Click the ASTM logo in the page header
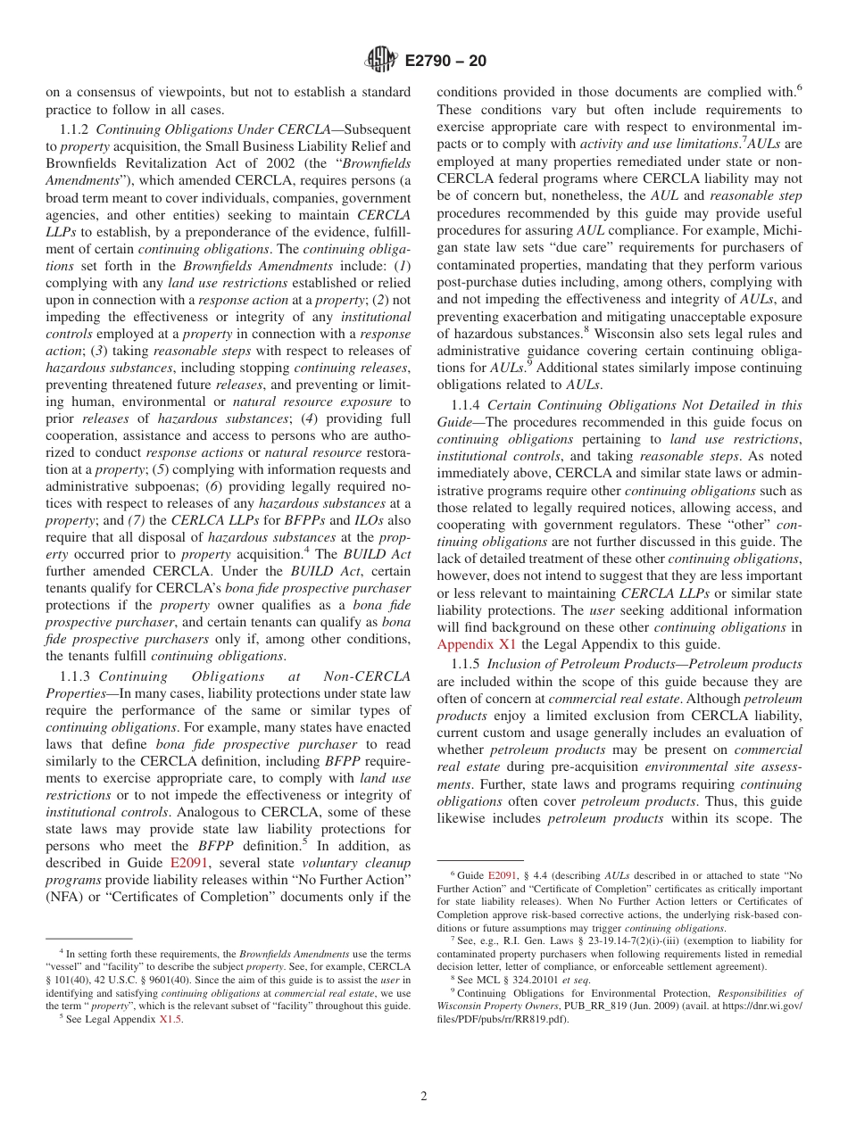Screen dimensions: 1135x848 381,61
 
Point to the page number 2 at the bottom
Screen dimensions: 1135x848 424,1096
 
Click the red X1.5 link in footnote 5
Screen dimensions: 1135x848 170,1020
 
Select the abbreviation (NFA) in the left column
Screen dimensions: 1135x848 64,897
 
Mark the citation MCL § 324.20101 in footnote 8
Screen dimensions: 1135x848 509,979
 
